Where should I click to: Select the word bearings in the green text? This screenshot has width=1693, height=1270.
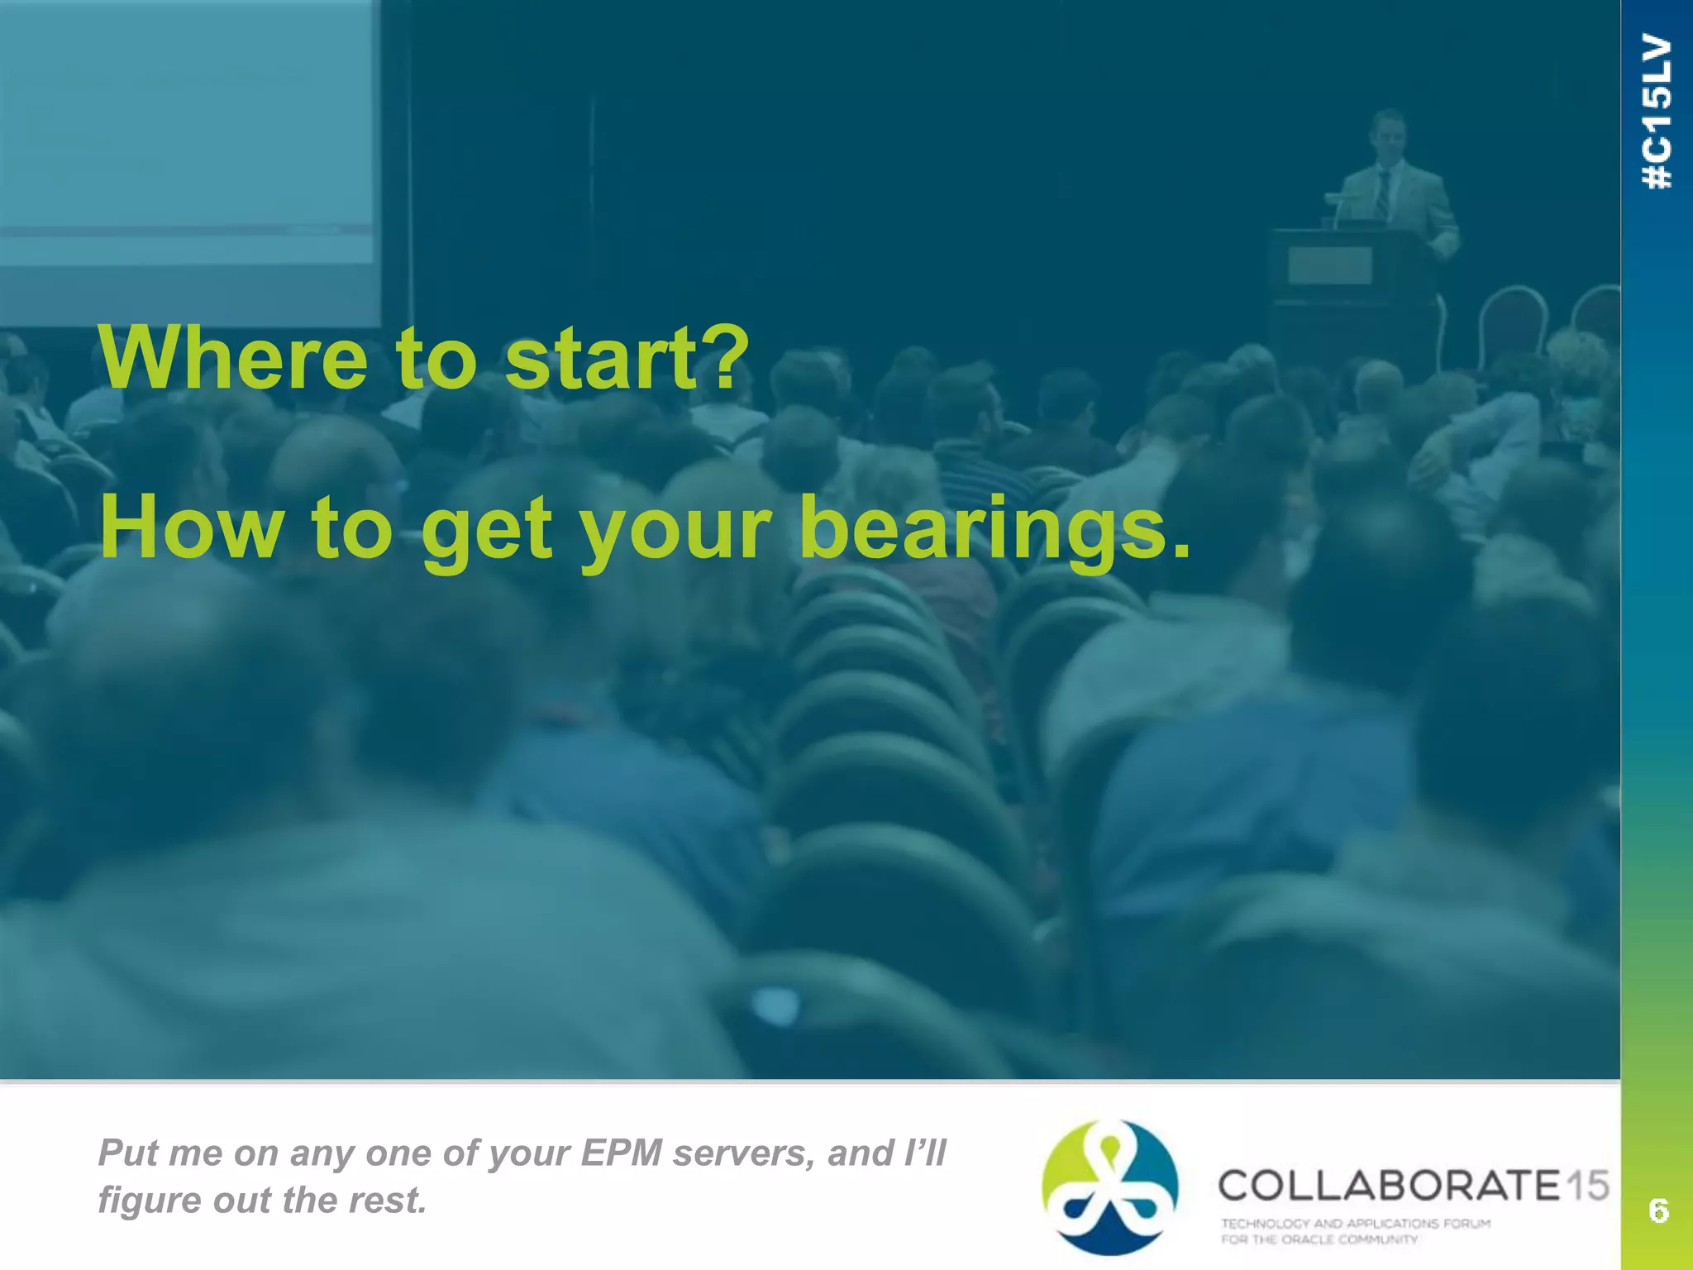point(984,529)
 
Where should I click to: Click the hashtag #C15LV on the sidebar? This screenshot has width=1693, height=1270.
point(1657,112)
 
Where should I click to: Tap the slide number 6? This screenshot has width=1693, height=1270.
point(1658,1210)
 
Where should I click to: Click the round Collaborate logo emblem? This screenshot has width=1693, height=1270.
point(1109,1187)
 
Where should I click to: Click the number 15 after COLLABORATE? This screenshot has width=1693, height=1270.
point(1587,1186)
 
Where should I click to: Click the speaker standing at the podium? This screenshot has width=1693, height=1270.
point(1395,178)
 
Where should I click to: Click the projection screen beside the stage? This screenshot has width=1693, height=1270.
point(186,157)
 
